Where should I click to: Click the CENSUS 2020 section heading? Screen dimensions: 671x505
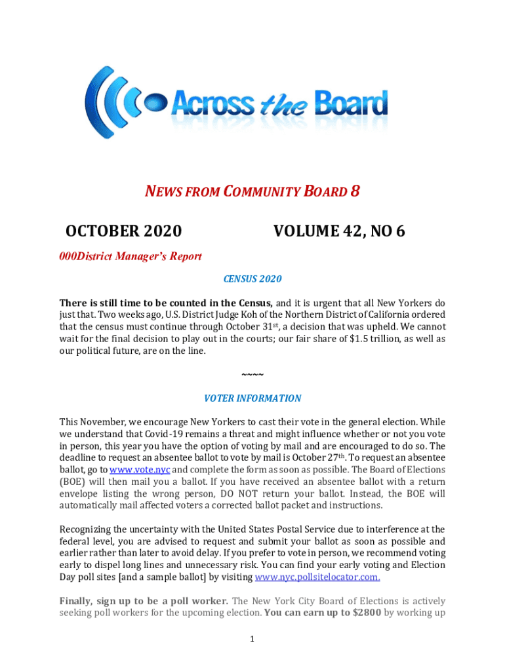[253, 279]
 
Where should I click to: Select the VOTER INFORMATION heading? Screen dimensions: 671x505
[253, 398]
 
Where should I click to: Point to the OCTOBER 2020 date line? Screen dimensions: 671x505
[124, 231]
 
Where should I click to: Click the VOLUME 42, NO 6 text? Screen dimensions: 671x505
[339, 231]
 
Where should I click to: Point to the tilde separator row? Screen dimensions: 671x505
[253, 374]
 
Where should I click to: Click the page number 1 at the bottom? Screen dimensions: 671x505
[253, 640]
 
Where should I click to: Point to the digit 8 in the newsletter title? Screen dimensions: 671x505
[354, 191]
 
